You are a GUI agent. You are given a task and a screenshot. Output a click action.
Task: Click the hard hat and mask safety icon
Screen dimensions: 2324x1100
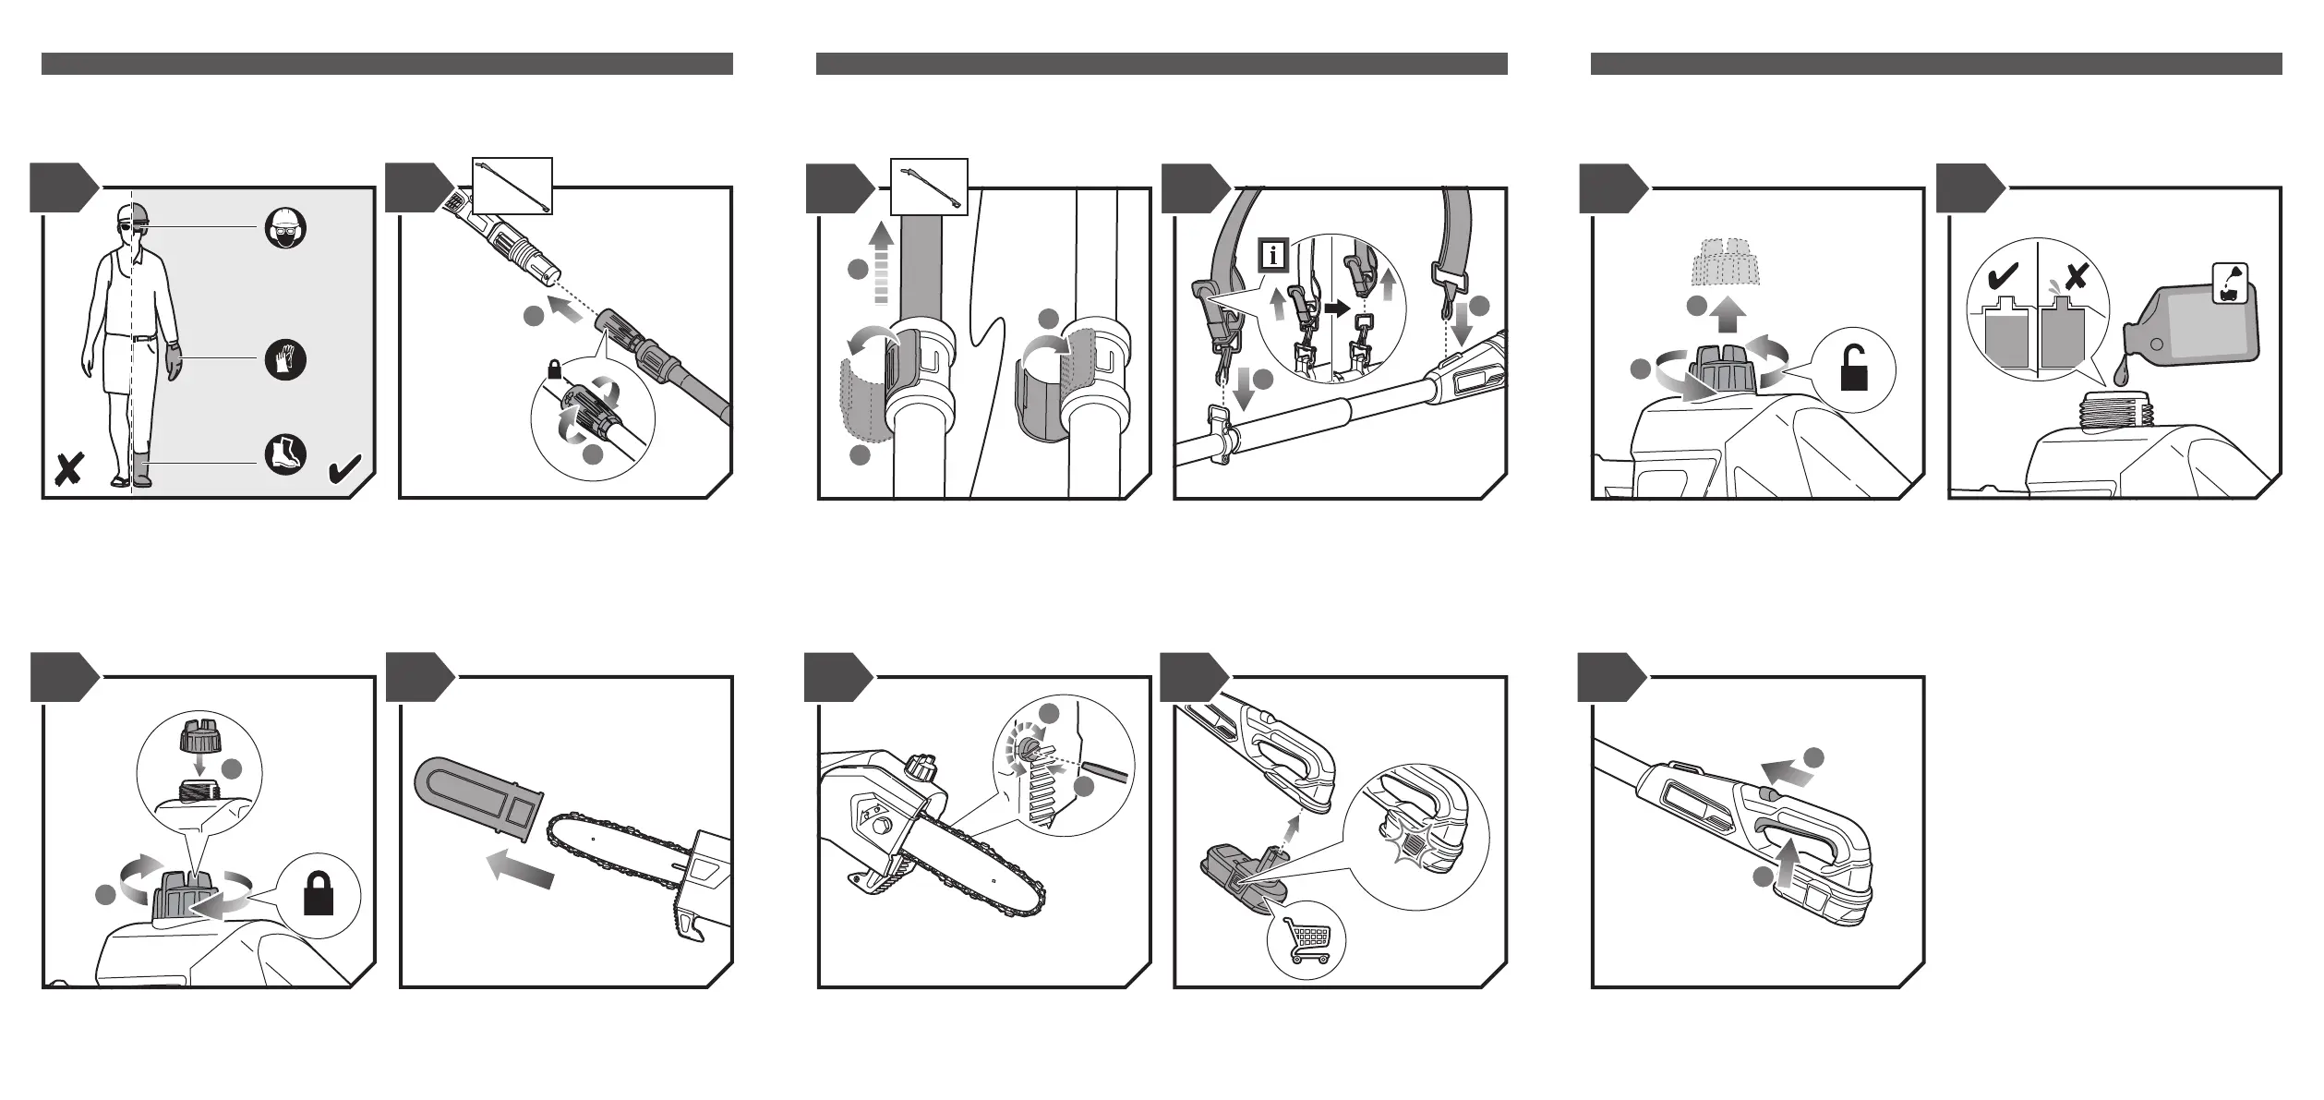[x=286, y=228]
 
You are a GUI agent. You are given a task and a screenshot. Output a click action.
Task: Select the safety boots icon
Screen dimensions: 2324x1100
[x=286, y=454]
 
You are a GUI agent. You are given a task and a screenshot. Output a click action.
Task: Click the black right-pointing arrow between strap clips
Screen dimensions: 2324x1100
[x=1335, y=309]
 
